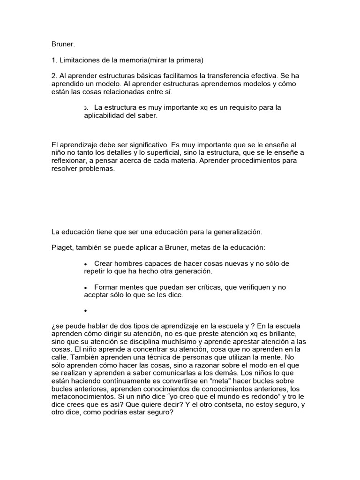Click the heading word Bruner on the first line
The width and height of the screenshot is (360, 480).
pyautogui.click(x=63, y=45)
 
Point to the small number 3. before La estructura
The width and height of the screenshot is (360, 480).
pyautogui.click(x=86, y=108)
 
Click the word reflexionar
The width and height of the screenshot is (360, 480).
pyautogui.click(x=72, y=161)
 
